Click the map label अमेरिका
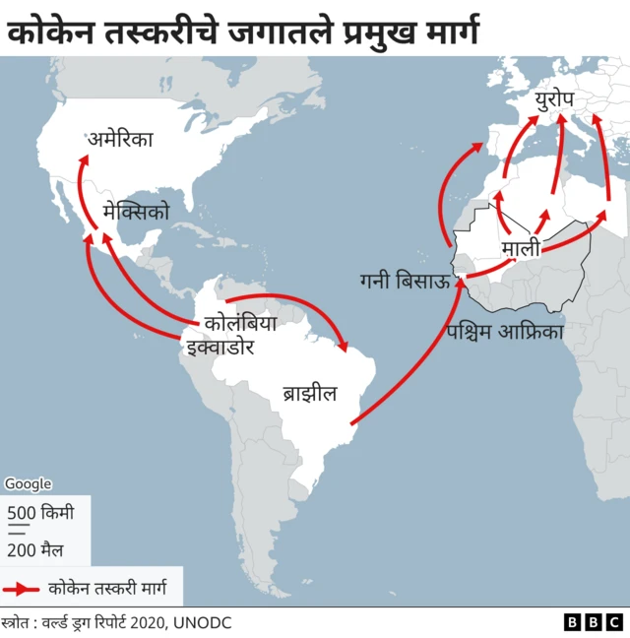[121, 141]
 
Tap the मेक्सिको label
[136, 212]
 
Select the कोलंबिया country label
[239, 323]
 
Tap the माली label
[521, 248]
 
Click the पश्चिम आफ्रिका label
[504, 332]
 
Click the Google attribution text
[28, 483]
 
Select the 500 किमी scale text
[40, 512]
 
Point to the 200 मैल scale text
[35, 549]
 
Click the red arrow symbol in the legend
[22, 589]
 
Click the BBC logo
[594, 622]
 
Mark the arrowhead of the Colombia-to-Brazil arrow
[345, 347]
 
